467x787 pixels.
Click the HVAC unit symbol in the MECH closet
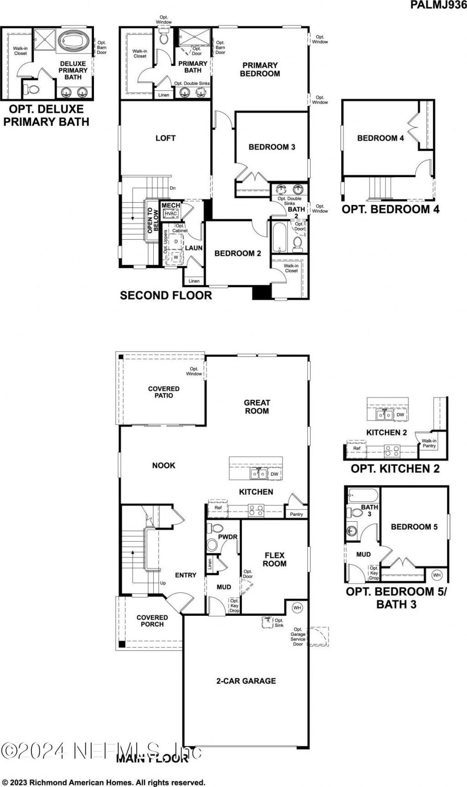(x=171, y=214)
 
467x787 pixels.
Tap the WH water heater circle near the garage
(x=297, y=608)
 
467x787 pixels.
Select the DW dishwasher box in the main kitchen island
(x=274, y=474)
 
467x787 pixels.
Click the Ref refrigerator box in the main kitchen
(x=218, y=508)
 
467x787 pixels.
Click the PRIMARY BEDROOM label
(x=260, y=69)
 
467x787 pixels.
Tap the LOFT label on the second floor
(x=165, y=138)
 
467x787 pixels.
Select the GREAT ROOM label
(x=257, y=407)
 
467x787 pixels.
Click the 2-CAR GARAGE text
(x=246, y=681)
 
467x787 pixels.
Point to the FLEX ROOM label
(x=275, y=559)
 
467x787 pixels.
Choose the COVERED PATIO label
(x=164, y=392)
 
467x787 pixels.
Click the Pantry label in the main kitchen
(x=296, y=514)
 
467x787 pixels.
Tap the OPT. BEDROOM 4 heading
(x=390, y=210)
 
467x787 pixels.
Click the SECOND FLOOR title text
(x=166, y=295)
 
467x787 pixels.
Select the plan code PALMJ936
(x=438, y=5)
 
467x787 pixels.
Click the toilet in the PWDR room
(x=213, y=545)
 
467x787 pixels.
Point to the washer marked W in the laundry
(x=176, y=257)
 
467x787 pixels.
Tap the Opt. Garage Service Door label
(x=298, y=636)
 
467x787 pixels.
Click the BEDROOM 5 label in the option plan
(x=414, y=527)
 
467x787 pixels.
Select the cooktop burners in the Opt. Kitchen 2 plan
(x=391, y=451)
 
